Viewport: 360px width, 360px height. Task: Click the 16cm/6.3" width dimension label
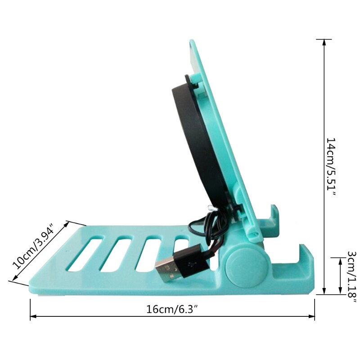pyautogui.click(x=172, y=309)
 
